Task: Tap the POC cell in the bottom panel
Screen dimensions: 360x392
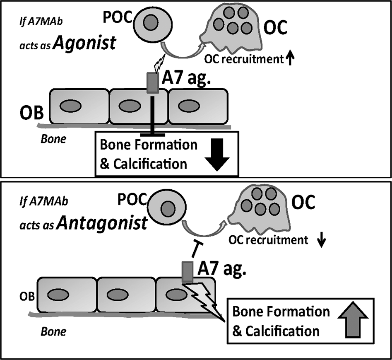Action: point(167,207)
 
